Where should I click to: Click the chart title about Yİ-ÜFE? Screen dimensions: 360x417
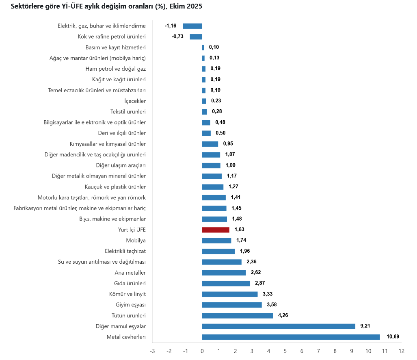tap(106, 7)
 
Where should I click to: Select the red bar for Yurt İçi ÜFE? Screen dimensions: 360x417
tap(216, 230)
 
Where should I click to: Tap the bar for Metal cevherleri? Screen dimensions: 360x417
tap(291, 337)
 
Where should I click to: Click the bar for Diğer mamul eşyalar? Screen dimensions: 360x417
tap(279, 326)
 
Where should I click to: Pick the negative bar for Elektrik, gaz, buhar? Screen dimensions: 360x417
tap(192, 26)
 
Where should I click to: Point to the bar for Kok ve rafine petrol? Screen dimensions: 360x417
tap(196, 37)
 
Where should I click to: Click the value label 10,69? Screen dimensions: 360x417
tap(393, 336)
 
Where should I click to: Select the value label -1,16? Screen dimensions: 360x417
tap(171, 26)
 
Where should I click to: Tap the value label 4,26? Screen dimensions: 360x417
tap(283, 315)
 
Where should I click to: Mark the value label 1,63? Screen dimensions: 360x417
tap(239, 230)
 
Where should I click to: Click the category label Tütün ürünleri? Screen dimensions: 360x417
tap(129, 316)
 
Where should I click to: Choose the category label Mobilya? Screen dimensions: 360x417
tap(136, 241)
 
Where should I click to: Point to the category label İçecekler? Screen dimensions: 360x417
tap(135, 101)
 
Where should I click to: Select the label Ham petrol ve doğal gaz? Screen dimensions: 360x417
tap(116, 69)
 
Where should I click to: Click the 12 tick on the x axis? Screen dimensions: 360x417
tap(401, 351)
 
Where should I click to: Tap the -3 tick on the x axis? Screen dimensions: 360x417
tap(152, 351)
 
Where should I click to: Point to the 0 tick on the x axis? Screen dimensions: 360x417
tap(202, 351)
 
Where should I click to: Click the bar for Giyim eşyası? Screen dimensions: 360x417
tap(232, 305)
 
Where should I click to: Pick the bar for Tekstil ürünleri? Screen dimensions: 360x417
tap(205, 112)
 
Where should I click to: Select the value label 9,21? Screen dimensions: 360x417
tap(365, 326)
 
